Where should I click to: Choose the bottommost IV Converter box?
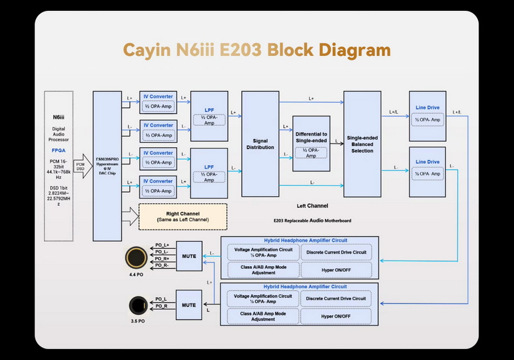tap(157, 186)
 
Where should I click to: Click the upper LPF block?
tap(209, 116)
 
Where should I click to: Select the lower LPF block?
tap(209, 172)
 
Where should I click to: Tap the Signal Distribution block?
tap(260, 143)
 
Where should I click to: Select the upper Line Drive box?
tap(428, 116)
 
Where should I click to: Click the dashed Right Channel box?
tap(182, 216)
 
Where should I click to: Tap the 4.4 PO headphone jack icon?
tap(136, 257)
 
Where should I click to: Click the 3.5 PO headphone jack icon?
tap(136, 304)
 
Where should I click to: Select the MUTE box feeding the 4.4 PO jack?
tap(189, 256)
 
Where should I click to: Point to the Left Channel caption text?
tap(312, 206)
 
